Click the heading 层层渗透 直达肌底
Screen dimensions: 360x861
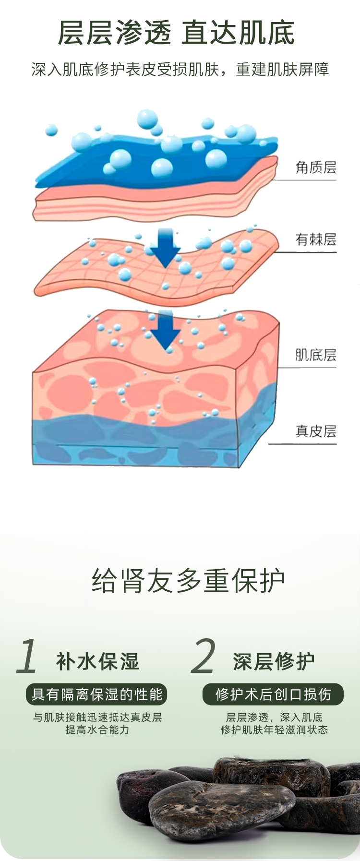click(176, 34)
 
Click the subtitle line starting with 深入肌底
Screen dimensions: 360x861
click(180, 70)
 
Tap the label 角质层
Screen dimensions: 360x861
click(316, 167)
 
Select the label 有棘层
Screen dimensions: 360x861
click(316, 239)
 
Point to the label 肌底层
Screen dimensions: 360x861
click(315, 355)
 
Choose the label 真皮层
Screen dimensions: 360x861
click(315, 431)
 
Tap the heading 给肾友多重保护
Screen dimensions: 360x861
click(188, 581)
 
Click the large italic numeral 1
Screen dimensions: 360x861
click(27, 656)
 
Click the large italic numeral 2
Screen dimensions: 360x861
click(203, 656)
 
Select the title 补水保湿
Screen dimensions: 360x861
click(98, 661)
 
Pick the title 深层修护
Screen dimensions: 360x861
click(274, 661)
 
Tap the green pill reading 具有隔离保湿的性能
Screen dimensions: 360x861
click(97, 694)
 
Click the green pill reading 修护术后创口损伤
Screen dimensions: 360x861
click(273, 694)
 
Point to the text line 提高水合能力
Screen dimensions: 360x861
click(97, 730)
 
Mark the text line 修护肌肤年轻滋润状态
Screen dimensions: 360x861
click(274, 730)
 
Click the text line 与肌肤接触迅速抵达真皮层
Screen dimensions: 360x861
click(97, 717)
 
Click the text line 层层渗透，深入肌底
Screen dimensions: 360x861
click(274, 717)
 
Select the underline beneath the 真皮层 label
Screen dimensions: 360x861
click(302, 444)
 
